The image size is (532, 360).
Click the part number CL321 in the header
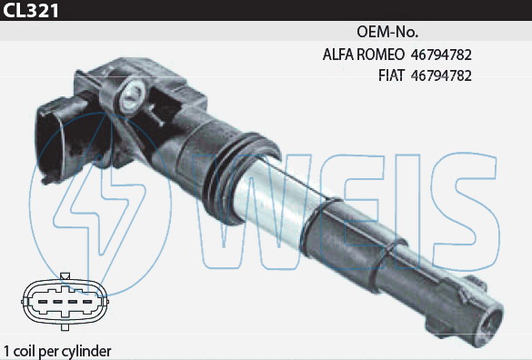tap(31, 10)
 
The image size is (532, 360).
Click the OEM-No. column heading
tap(387, 32)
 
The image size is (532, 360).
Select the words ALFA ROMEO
tap(364, 55)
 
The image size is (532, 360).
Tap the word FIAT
tap(391, 75)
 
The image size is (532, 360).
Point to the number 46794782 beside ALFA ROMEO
tap(441, 55)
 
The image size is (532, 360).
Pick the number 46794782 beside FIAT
tap(441, 75)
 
